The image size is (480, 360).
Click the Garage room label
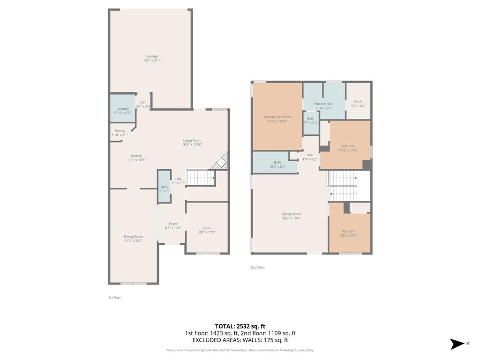[x=152, y=56]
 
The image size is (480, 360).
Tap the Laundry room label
[x=122, y=109]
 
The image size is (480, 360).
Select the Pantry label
[x=120, y=131]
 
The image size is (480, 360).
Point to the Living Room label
[x=192, y=141]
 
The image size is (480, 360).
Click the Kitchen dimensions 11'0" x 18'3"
[x=136, y=160]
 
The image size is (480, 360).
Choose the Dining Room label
[x=134, y=237]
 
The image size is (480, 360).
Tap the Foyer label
[x=173, y=224]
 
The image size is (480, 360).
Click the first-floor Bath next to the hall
[x=164, y=187]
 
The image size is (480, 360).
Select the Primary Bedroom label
[x=277, y=117]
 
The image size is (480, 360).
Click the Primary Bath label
[x=323, y=104]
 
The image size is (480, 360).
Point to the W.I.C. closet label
[x=358, y=101]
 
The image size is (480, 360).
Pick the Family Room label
[x=291, y=214]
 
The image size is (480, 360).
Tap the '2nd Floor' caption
[x=258, y=267]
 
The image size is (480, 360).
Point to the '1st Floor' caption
[x=115, y=297]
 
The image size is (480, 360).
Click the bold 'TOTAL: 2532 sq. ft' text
[x=240, y=326]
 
